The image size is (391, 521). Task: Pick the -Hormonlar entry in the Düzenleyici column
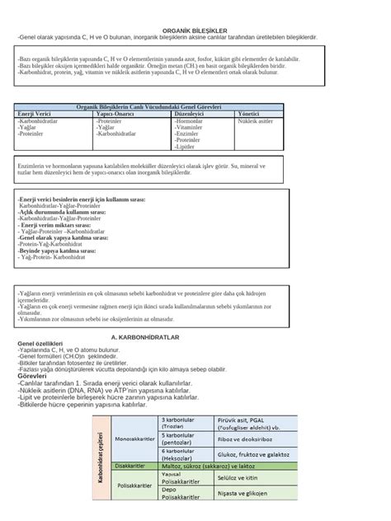[x=191, y=120]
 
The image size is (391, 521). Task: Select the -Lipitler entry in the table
[x=189, y=147]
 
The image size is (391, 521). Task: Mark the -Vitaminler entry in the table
[x=192, y=127]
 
